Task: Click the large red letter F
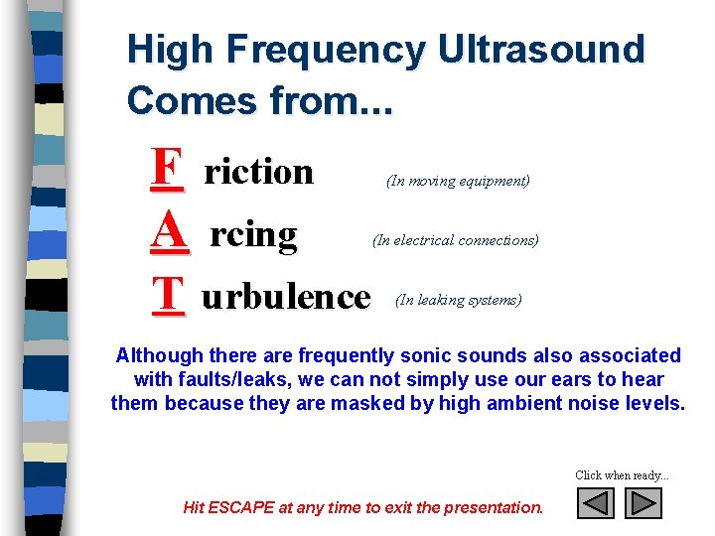[x=168, y=170]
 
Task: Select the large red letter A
[x=169, y=233]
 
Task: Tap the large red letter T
[x=169, y=295]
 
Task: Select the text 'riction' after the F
[x=258, y=172]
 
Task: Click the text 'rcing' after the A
[x=253, y=235]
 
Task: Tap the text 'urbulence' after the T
[x=286, y=296]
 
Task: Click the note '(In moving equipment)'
[x=458, y=181]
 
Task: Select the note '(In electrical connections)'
[x=456, y=240]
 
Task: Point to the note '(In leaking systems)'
[x=458, y=300]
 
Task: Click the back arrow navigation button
[x=596, y=504]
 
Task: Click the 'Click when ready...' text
[x=622, y=475]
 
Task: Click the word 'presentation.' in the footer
[x=495, y=507]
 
